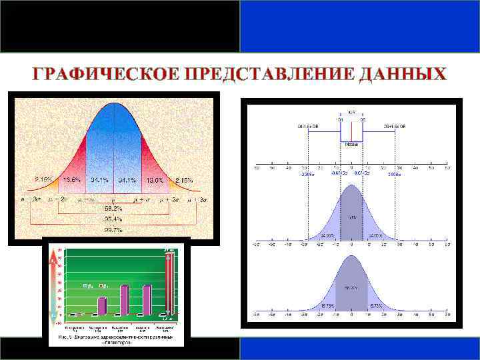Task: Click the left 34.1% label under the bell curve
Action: point(100,180)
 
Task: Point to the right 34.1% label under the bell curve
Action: point(128,180)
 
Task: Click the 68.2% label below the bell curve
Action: point(113,208)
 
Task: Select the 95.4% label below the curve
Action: point(113,218)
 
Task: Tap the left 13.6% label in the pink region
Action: point(72,180)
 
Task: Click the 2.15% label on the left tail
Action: point(44,180)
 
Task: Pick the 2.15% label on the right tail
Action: point(183,180)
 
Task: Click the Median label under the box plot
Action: point(351,144)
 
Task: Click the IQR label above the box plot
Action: point(351,113)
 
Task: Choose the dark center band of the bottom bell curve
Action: point(351,287)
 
